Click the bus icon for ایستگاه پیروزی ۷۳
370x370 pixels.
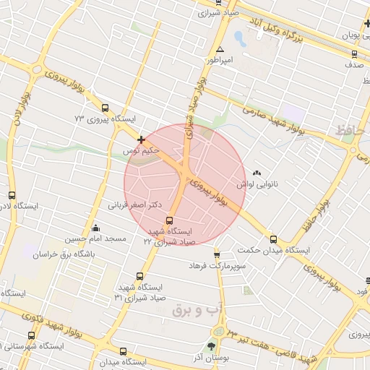[x=106, y=107]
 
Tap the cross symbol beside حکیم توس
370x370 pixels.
[x=141, y=139]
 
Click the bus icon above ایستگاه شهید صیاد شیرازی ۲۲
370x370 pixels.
[x=170, y=220]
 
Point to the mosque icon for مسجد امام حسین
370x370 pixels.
[x=95, y=228]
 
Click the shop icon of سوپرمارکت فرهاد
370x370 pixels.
[x=216, y=254]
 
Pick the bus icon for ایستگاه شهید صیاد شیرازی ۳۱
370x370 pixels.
[x=139, y=275]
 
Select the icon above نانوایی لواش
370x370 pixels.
[x=258, y=172]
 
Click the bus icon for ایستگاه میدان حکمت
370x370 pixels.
[x=272, y=239]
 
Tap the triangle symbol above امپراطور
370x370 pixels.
[x=220, y=50]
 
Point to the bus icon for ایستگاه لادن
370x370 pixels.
[x=12, y=195]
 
